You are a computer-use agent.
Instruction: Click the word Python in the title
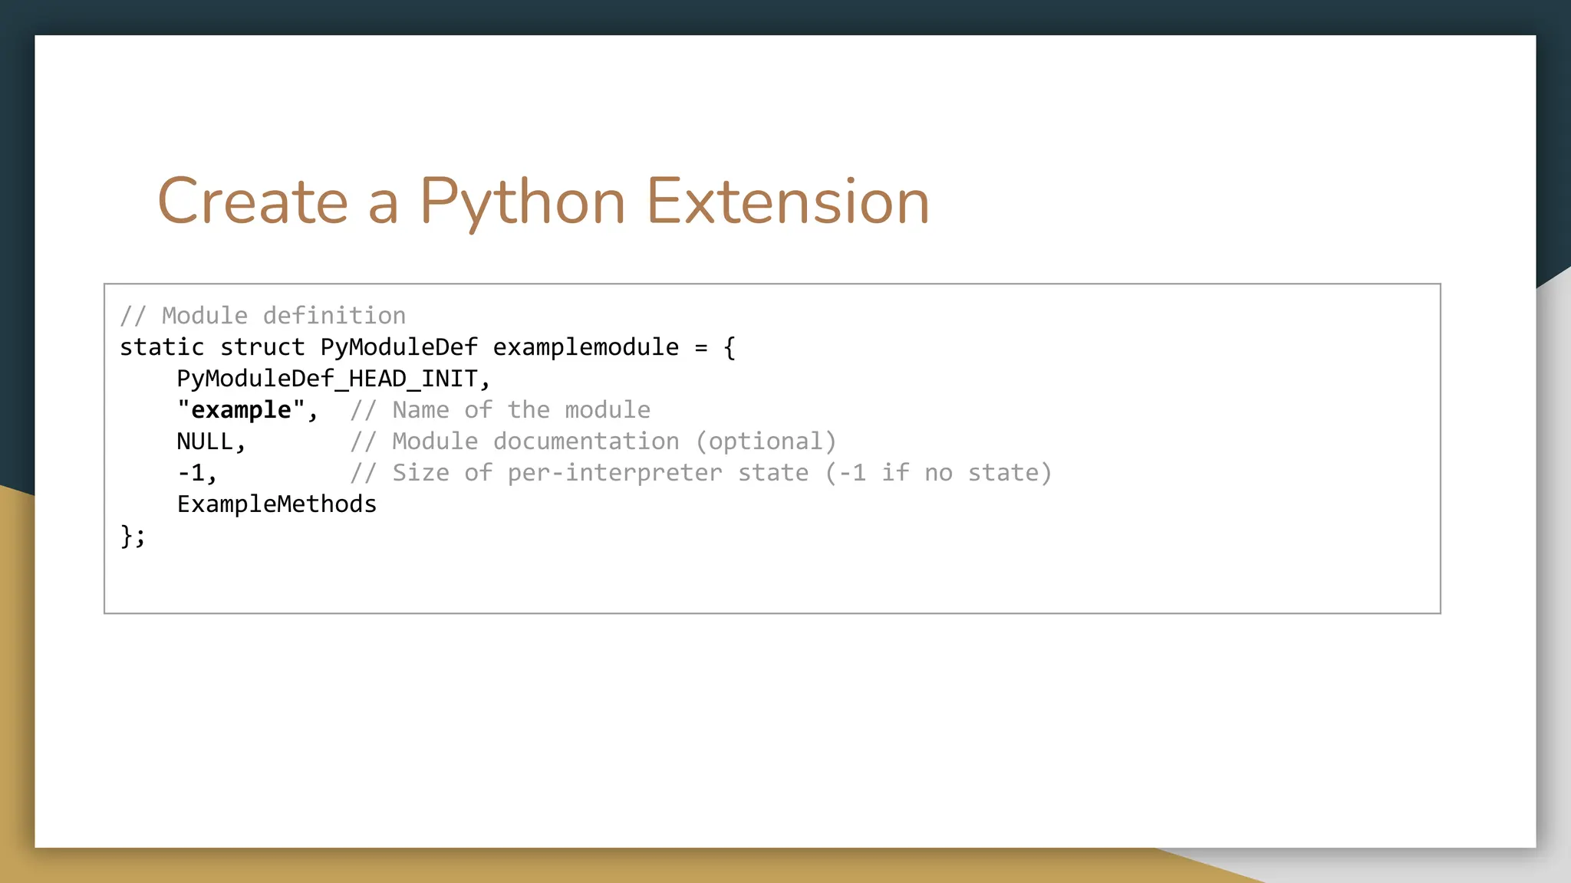(522, 202)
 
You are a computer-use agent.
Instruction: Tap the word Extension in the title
(788, 202)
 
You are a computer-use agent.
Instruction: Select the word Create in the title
(253, 202)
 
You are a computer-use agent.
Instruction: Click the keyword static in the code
(162, 347)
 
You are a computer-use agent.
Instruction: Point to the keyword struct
(262, 347)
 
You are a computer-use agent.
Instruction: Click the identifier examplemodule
(585, 347)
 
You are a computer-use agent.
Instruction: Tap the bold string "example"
(241, 410)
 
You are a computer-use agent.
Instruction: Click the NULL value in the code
(205, 441)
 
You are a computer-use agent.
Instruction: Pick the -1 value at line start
(191, 473)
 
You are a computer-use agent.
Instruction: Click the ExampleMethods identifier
(277, 504)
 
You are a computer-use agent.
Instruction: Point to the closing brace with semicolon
(133, 536)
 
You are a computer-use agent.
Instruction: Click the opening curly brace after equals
(730, 348)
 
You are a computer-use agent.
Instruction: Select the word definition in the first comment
(334, 316)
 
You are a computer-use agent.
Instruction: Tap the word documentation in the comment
(586, 441)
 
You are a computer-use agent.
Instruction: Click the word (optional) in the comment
(766, 441)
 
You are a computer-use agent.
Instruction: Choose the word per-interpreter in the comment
(614, 473)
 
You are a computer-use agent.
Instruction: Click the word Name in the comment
(420, 410)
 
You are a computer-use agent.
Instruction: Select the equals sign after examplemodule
(701, 348)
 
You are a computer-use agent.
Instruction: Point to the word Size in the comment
(420, 473)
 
